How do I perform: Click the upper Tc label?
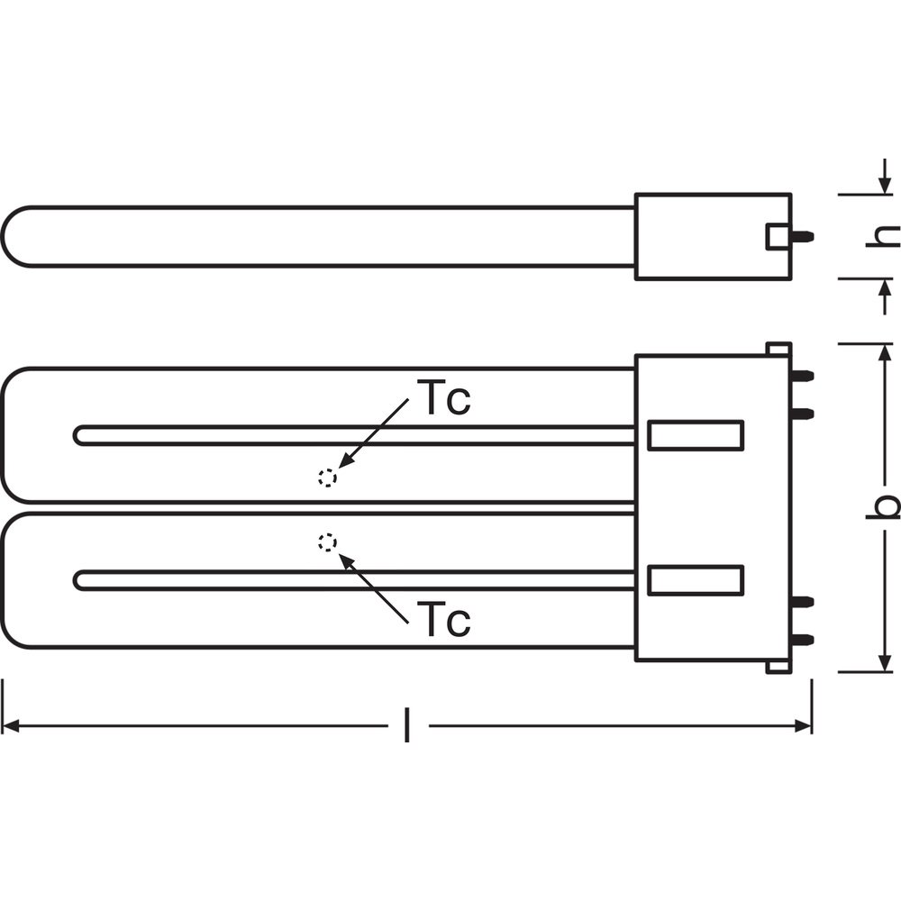click(447, 398)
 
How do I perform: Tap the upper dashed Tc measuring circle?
click(328, 478)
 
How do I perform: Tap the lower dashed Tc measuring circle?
click(328, 542)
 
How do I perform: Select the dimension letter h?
click(883, 236)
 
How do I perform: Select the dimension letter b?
click(883, 506)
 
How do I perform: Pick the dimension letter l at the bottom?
click(407, 725)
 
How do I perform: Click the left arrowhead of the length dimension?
click(11, 725)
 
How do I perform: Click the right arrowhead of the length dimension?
click(803, 725)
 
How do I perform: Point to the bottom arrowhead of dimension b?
click(884, 662)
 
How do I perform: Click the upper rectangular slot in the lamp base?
click(696, 435)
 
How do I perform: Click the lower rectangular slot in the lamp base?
click(696, 580)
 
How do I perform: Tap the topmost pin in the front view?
click(803, 376)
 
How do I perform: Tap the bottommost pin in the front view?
click(803, 639)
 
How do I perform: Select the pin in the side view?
click(803, 235)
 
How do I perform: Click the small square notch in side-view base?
click(778, 236)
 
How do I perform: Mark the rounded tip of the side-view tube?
click(4, 236)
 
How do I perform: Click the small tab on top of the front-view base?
click(779, 349)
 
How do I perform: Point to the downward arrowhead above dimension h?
click(885, 186)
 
